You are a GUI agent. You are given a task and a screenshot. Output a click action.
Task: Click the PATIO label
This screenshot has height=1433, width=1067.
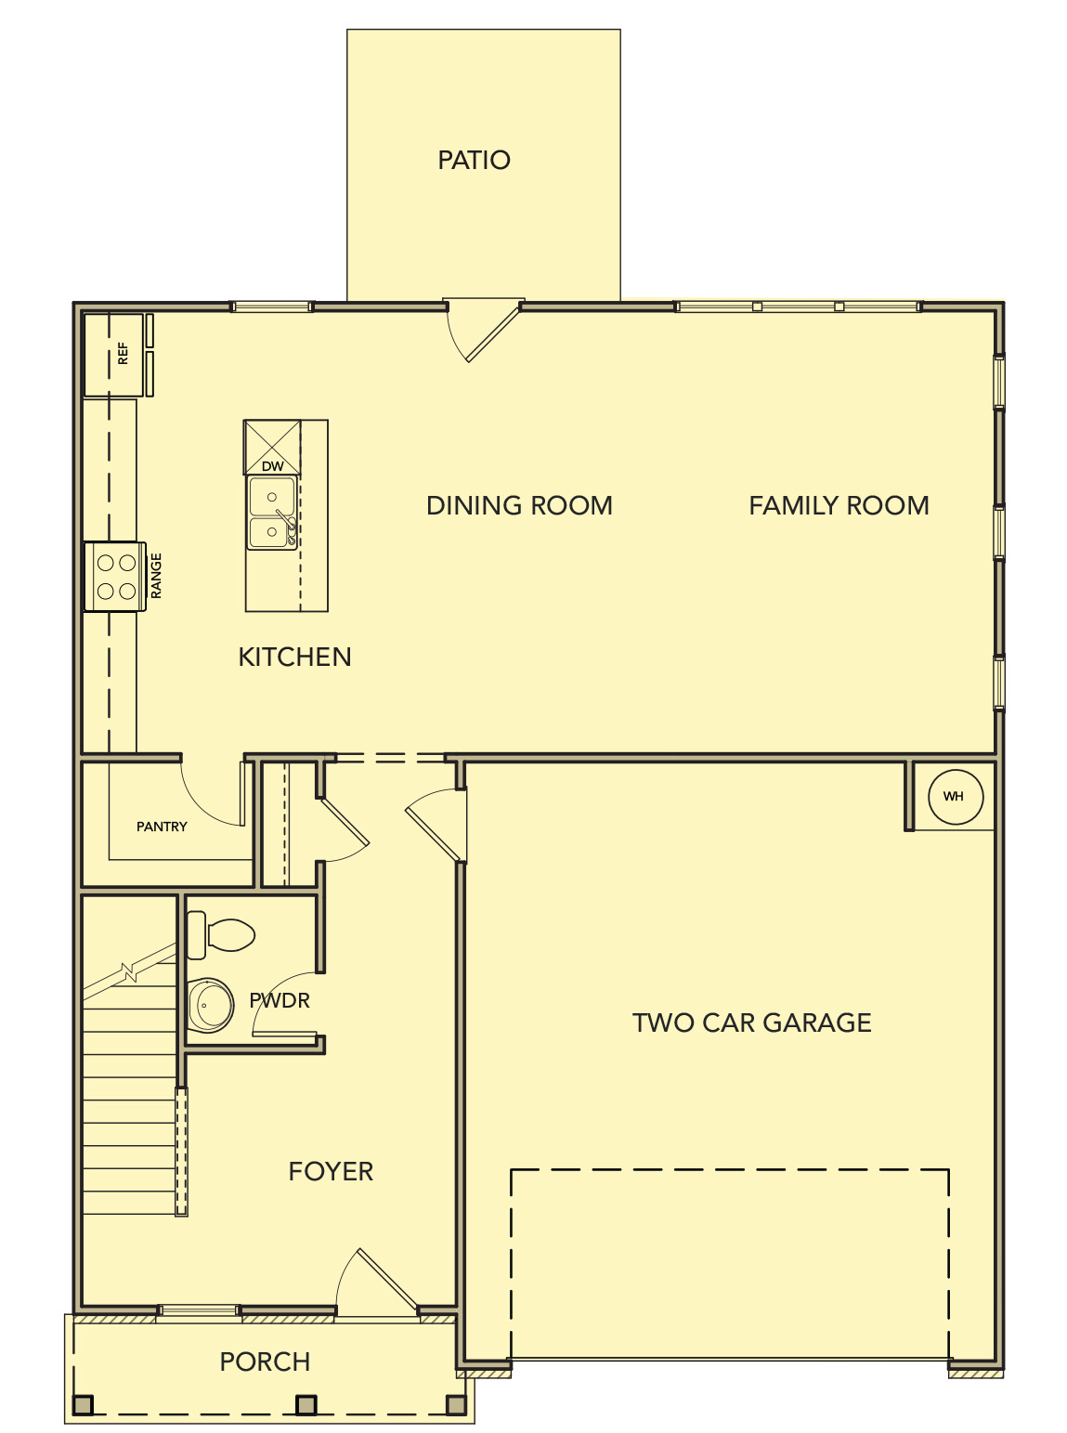point(474,160)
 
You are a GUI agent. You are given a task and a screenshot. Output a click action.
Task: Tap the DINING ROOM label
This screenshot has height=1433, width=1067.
point(519,505)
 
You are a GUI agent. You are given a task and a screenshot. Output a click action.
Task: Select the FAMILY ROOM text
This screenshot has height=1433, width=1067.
point(839,505)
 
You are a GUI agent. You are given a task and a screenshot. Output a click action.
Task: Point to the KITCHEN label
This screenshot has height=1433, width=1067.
point(294,657)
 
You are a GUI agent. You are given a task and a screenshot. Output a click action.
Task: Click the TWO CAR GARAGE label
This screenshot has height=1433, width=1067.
point(751,1023)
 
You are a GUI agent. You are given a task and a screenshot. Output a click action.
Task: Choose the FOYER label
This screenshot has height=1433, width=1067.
point(331,1171)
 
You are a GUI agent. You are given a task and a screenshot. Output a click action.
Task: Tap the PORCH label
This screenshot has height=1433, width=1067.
point(265,1361)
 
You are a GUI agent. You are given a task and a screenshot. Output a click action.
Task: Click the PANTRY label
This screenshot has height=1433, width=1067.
point(162,827)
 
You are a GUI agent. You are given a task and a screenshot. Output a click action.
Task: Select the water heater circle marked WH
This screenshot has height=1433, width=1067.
point(955,797)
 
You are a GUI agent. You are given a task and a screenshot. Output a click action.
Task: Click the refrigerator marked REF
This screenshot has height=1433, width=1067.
point(114,355)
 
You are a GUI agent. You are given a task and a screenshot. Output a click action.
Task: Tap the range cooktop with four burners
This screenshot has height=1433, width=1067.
point(116,577)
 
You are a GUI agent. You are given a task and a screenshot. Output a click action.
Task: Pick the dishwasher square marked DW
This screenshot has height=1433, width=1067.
point(272,448)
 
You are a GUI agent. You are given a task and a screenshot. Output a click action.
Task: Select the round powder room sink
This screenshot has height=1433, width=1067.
point(211,1005)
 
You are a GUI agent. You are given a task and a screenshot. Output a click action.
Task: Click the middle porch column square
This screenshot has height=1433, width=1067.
point(306,1405)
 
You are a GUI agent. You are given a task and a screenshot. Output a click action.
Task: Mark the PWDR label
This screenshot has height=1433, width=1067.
point(280,1000)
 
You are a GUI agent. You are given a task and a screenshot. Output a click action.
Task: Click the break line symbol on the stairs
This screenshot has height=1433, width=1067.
point(128,971)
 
